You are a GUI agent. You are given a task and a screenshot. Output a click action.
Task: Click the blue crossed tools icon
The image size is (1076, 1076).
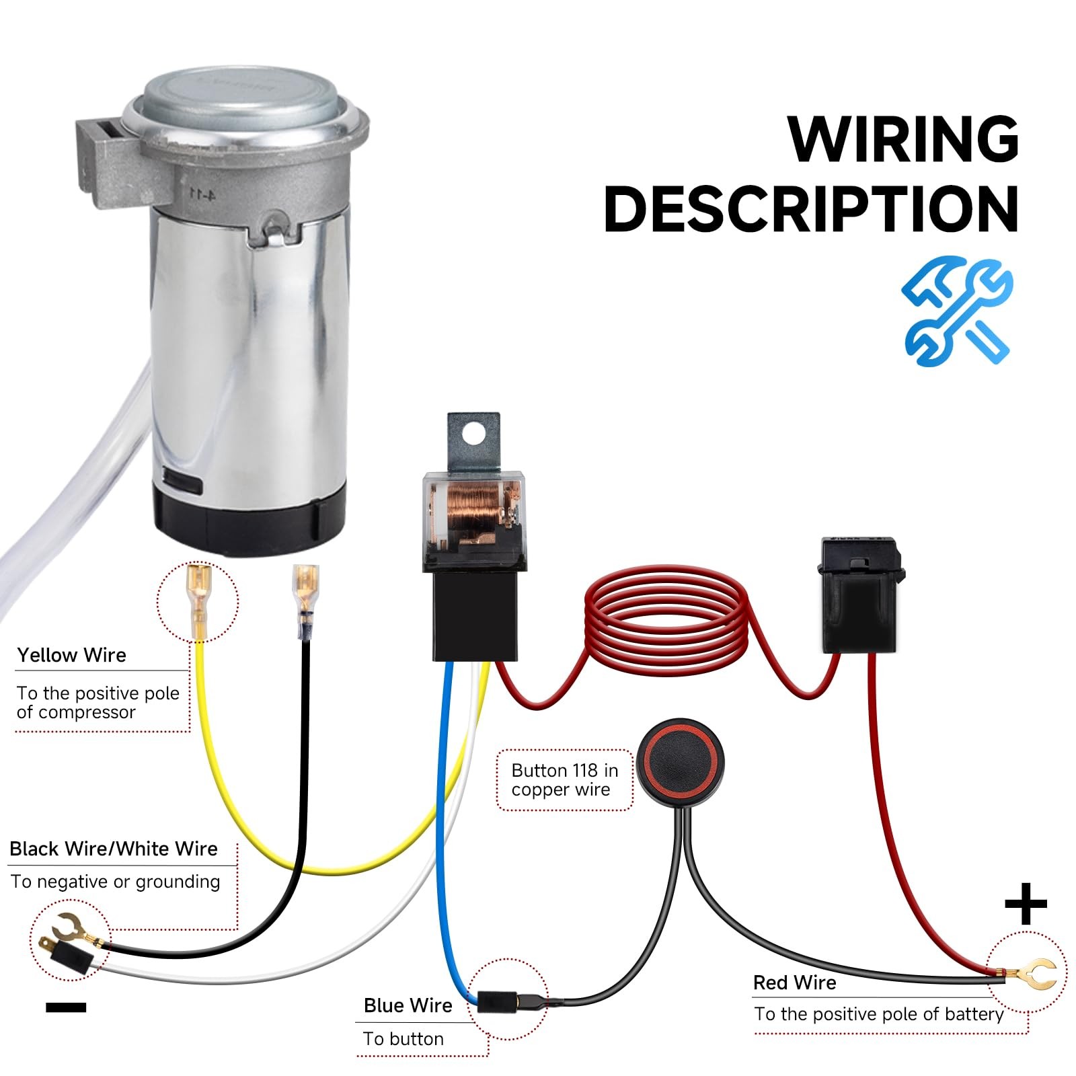click(x=956, y=311)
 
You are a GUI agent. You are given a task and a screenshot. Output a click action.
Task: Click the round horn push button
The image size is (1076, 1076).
click(x=680, y=763)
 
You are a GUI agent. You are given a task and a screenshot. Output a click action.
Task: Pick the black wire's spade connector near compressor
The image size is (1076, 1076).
click(x=306, y=601)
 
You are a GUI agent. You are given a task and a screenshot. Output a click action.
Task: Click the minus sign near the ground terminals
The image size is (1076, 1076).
click(x=66, y=1007)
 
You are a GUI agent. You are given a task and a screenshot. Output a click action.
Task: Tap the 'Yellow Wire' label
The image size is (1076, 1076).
click(x=71, y=655)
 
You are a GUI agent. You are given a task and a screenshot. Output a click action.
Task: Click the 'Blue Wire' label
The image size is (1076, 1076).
click(x=408, y=1005)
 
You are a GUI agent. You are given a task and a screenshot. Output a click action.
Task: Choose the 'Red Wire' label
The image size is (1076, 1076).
click(x=794, y=983)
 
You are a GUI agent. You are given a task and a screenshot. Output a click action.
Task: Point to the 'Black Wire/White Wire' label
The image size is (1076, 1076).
click(x=114, y=849)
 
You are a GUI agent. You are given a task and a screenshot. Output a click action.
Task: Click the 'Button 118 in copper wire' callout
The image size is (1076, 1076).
click(x=564, y=779)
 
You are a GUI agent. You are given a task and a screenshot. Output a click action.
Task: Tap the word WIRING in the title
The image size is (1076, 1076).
click(x=903, y=139)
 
